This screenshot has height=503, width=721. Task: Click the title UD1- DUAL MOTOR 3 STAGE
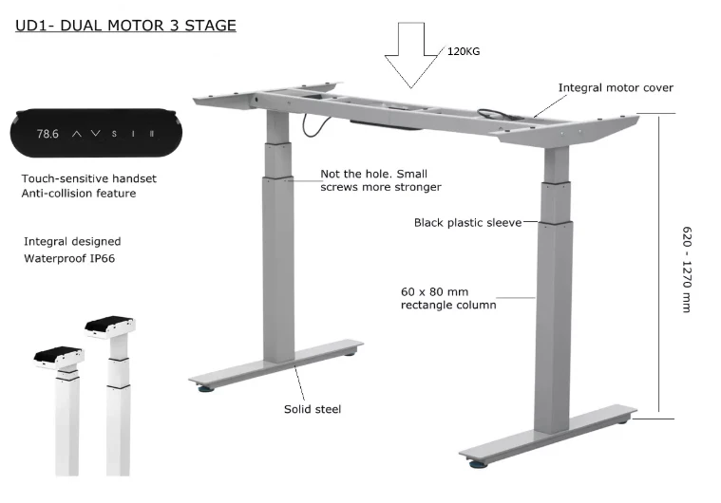125,25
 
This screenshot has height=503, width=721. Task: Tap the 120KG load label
464,52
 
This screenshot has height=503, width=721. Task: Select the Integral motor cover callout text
616,87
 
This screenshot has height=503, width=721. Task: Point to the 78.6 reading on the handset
47,134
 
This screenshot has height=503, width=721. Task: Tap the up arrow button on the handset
78,134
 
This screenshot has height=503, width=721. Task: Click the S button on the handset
114,134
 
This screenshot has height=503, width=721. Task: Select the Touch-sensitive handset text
88,178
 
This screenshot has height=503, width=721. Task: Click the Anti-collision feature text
78,194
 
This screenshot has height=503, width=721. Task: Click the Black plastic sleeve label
467,222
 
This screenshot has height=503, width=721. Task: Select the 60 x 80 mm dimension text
434,290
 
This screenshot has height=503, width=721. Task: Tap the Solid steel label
313,409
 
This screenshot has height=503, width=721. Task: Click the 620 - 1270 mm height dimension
687,269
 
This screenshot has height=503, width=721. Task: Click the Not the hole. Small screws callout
380,180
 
